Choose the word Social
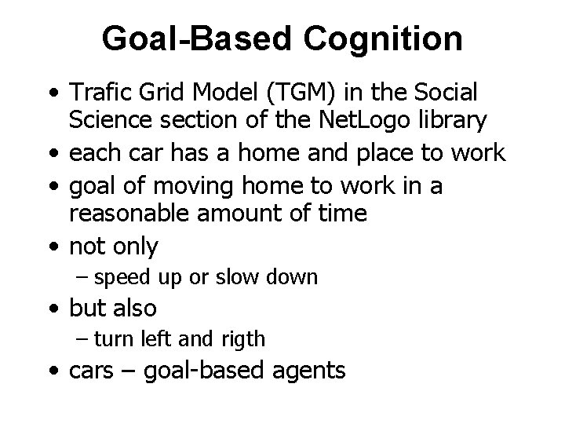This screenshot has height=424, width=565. click(440, 93)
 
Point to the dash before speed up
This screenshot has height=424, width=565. click(84, 276)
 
